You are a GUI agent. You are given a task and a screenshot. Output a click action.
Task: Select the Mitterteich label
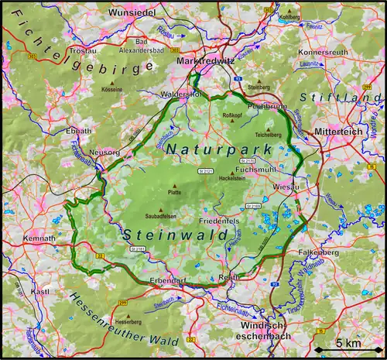(338, 132)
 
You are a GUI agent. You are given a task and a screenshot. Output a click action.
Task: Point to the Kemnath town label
(39, 238)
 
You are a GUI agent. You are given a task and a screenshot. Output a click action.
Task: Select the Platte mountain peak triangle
(173, 186)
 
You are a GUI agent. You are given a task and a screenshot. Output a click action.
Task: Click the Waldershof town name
(180, 94)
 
